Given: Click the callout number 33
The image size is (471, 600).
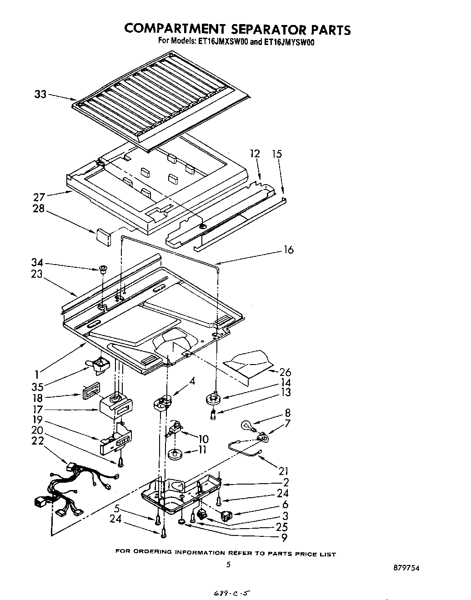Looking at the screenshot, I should (40, 95).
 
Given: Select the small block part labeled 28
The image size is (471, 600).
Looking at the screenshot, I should (103, 235).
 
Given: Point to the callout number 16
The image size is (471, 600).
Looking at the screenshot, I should (288, 250).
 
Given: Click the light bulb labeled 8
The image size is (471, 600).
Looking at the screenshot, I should (247, 425).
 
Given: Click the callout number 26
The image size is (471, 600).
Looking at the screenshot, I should (285, 372).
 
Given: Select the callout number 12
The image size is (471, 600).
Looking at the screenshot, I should (255, 154).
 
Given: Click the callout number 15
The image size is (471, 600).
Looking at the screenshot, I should (276, 154).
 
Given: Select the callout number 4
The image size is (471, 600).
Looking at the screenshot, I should (192, 381).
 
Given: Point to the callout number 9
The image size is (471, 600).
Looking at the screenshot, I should (285, 538).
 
